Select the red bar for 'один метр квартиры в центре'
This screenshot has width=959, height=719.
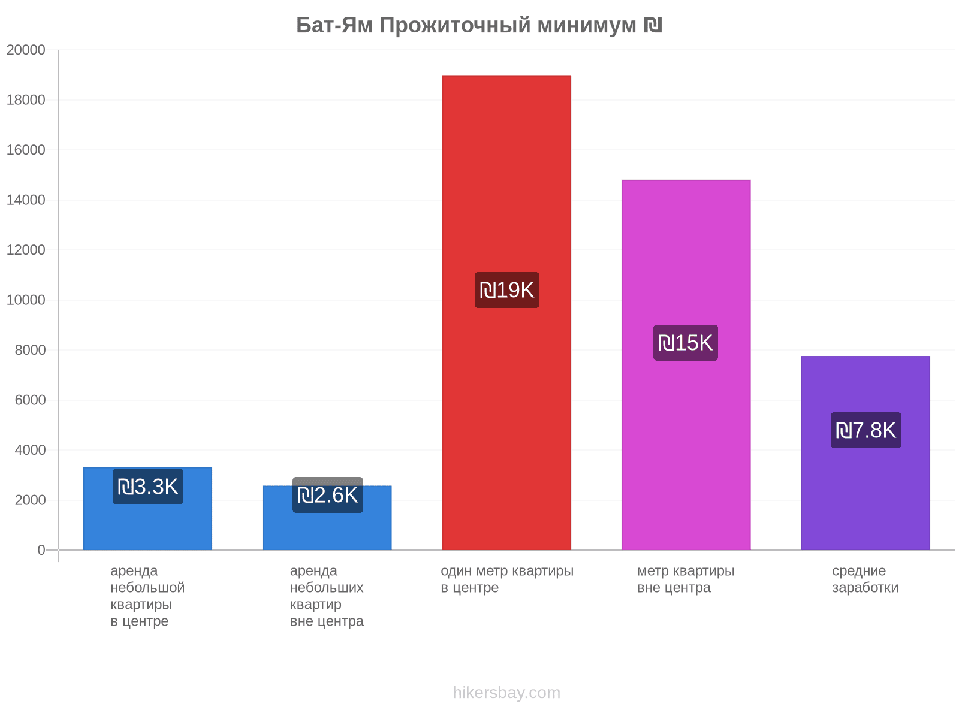[x=506, y=313]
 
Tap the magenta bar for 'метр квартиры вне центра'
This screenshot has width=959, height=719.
[x=686, y=364]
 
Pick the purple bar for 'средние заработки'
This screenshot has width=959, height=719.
[x=865, y=453]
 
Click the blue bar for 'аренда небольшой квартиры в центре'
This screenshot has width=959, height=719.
[x=147, y=508]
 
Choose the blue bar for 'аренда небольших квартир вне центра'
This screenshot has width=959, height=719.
[x=327, y=517]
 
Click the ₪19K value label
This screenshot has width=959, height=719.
[x=507, y=290]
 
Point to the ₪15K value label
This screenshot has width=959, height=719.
[x=686, y=343]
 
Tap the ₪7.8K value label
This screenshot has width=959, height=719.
[x=865, y=430]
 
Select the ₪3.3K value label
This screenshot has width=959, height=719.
[x=148, y=487]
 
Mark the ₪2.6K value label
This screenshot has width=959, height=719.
[x=328, y=495]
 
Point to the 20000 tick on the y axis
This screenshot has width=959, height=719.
[x=26, y=50]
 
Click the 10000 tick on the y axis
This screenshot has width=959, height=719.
[x=26, y=300]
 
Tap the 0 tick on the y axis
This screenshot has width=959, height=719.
[x=41, y=549]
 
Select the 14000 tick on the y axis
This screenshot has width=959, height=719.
[x=26, y=200]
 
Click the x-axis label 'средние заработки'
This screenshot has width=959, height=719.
[x=865, y=579]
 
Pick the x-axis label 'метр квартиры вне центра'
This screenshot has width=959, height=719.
[x=686, y=579]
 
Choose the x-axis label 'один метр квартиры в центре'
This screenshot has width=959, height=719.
[x=507, y=579]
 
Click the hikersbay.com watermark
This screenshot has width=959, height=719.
[x=506, y=693]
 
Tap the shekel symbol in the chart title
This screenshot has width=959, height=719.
[x=653, y=25]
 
